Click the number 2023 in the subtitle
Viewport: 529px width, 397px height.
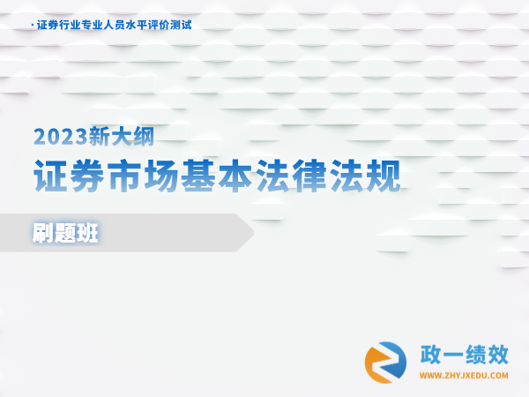tap(60, 137)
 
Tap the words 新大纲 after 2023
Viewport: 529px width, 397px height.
tap(121, 137)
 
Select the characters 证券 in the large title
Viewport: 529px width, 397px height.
tap(69, 176)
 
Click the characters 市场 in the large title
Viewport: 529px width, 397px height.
tap(143, 176)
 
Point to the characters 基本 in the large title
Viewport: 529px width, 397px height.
tap(217, 176)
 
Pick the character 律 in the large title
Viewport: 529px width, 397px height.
tap(309, 176)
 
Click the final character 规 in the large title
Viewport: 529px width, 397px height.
tap(384, 176)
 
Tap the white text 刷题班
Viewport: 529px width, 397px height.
tap(65, 233)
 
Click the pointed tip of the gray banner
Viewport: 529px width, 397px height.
tap(253, 233)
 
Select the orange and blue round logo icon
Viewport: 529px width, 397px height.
tap(385, 363)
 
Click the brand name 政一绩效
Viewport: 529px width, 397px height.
tap(465, 355)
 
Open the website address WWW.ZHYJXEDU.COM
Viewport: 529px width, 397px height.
tap(464, 376)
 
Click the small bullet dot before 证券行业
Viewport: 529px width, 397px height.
tap(33, 26)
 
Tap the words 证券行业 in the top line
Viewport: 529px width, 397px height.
tap(59, 25)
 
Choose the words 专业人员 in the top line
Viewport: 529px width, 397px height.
tap(103, 25)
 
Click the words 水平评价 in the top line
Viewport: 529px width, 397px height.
tap(147, 25)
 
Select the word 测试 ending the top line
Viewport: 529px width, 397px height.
tap(181, 25)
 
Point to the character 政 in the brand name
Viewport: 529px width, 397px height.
tap(430, 355)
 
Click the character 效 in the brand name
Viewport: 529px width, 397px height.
tap(498, 355)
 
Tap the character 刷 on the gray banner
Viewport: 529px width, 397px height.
tap(43, 233)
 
